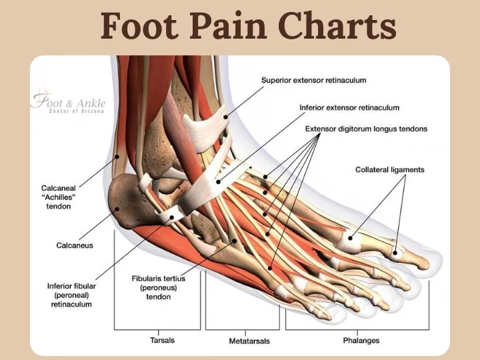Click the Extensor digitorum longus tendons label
pyautogui.click(x=366, y=129)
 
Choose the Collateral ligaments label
pyautogui.click(x=389, y=169)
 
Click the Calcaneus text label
pyautogui.click(x=75, y=245)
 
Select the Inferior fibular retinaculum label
pyautogui.click(x=71, y=295)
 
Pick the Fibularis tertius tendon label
pyautogui.click(x=159, y=287)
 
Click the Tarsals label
pyautogui.click(x=163, y=340)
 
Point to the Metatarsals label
pyautogui.click(x=249, y=341)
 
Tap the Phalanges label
pyautogui.click(x=361, y=341)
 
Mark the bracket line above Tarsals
pyautogui.click(x=157, y=329)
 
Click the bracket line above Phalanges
pyautogui.click(x=357, y=329)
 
